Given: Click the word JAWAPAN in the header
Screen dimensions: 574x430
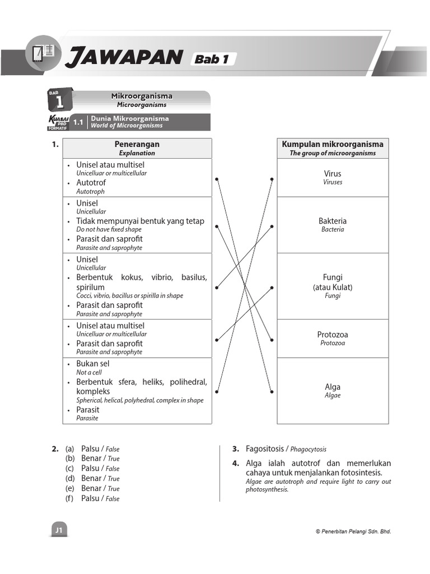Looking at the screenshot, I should click(x=124, y=57).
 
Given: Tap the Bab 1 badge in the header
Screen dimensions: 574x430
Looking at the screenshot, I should click(x=213, y=59).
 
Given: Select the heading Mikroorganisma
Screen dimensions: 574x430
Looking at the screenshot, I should click(x=142, y=96).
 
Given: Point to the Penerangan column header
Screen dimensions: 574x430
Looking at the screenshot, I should click(x=137, y=148).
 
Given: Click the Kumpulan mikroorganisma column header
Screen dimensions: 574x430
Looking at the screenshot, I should click(x=333, y=148).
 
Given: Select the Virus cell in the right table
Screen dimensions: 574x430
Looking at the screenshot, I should click(x=333, y=177).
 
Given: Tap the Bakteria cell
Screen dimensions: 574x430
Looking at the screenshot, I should click(x=333, y=224).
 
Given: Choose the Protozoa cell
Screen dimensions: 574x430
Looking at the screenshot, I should click(x=333, y=338).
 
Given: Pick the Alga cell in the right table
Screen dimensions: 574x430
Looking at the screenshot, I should click(x=333, y=390).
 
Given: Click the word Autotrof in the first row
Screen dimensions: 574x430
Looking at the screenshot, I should click(x=91, y=183).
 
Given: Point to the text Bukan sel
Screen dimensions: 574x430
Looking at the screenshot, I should click(x=93, y=364).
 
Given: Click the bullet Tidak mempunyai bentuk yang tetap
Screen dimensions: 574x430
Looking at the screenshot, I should click(x=140, y=221).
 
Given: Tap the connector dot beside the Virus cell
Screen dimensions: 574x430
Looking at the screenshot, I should click(x=272, y=179).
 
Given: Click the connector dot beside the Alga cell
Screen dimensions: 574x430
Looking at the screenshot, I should click(x=272, y=391).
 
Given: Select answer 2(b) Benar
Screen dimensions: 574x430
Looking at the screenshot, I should click(x=91, y=458).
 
